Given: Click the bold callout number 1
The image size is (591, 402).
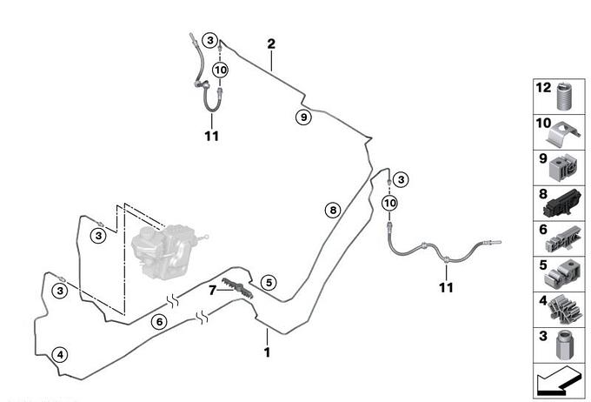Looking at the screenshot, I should [267, 352].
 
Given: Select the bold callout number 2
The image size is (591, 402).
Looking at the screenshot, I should [271, 44].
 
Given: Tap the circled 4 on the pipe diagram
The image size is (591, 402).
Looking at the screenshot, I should [59, 354].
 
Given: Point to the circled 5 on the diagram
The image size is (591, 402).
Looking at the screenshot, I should [269, 282].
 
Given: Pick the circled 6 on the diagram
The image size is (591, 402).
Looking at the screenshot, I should [158, 322].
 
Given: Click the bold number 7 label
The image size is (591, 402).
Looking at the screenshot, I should [213, 289].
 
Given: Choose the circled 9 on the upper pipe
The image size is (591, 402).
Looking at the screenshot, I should [302, 117].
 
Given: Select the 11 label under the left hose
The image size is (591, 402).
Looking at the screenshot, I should [211, 136].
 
